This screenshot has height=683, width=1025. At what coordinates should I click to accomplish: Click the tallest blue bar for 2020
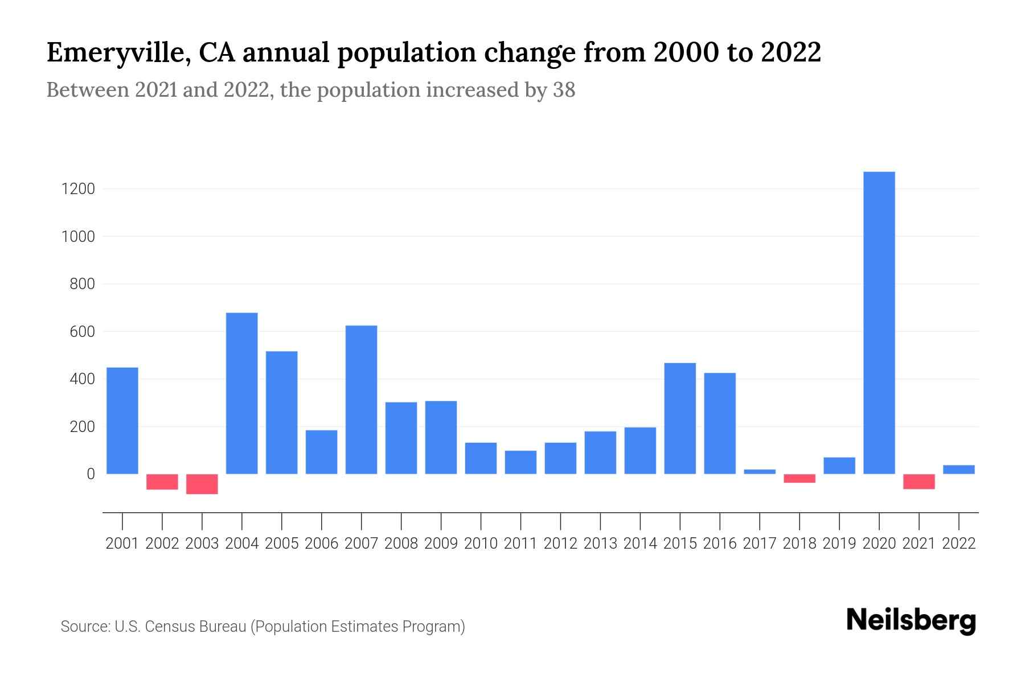879,323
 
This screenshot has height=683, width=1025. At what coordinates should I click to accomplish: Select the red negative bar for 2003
202,484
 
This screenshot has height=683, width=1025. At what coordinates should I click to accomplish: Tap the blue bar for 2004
242,393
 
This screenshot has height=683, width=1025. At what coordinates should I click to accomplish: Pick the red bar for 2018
799,478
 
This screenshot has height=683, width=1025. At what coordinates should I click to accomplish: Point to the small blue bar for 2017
760,471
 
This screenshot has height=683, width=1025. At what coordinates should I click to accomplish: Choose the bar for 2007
362,400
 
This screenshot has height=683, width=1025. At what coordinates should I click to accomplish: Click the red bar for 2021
919,482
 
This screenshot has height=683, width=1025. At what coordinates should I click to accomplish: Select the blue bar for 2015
680,418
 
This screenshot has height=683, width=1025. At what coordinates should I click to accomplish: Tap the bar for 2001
122,421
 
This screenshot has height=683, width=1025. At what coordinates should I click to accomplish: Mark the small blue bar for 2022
959,470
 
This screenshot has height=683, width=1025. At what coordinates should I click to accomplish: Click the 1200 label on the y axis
78,189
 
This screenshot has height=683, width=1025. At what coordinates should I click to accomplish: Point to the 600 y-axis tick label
82,331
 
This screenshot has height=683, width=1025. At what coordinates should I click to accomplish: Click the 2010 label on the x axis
481,544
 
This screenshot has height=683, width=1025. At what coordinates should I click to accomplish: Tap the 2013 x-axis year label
600,544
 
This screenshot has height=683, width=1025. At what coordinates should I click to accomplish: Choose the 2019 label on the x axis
839,544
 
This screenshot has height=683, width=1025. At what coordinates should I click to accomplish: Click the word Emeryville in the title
112,53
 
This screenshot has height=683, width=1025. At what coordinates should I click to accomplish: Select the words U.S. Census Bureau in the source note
181,627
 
